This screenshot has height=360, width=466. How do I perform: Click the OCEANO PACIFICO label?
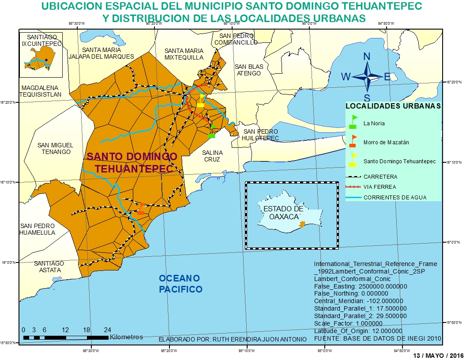pyautogui.click(x=180, y=284)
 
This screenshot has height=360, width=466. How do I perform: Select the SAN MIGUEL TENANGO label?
pyautogui.click(x=55, y=148)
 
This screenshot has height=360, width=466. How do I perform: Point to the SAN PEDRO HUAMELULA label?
pyautogui.click(x=38, y=229)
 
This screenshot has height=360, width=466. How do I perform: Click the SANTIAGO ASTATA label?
pyautogui.click(x=49, y=266)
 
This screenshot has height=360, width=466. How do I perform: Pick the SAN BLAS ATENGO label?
pyautogui.click(x=249, y=70)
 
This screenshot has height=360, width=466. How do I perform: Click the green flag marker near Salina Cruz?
pyautogui.click(x=212, y=131)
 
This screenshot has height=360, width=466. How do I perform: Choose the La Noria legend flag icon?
pyautogui.click(x=353, y=122)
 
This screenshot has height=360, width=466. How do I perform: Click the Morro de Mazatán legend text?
pyautogui.click(x=386, y=142)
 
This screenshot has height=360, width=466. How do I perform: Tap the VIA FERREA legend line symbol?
pyautogui.click(x=353, y=187)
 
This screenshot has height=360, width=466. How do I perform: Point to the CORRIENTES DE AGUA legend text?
pyautogui.click(x=395, y=198)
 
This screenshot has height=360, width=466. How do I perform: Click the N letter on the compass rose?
pyautogui.click(x=367, y=56)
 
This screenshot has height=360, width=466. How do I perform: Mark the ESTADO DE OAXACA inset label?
pyautogui.click(x=283, y=212)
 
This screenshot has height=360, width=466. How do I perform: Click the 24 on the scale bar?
pyautogui.click(x=107, y=330)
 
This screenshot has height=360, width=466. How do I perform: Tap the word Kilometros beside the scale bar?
pyautogui.click(x=126, y=337)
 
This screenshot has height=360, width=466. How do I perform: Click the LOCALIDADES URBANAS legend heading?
pyautogui.click(x=393, y=106)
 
